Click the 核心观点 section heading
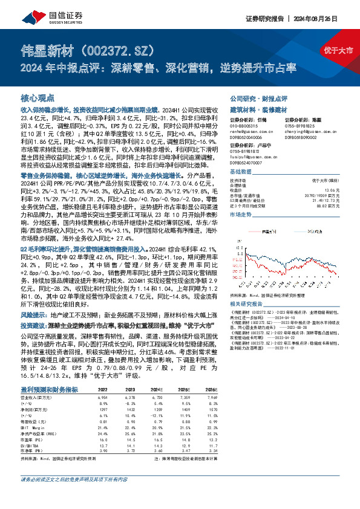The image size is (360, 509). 38,97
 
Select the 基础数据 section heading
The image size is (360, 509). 242,172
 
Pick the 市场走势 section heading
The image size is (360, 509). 241,215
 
